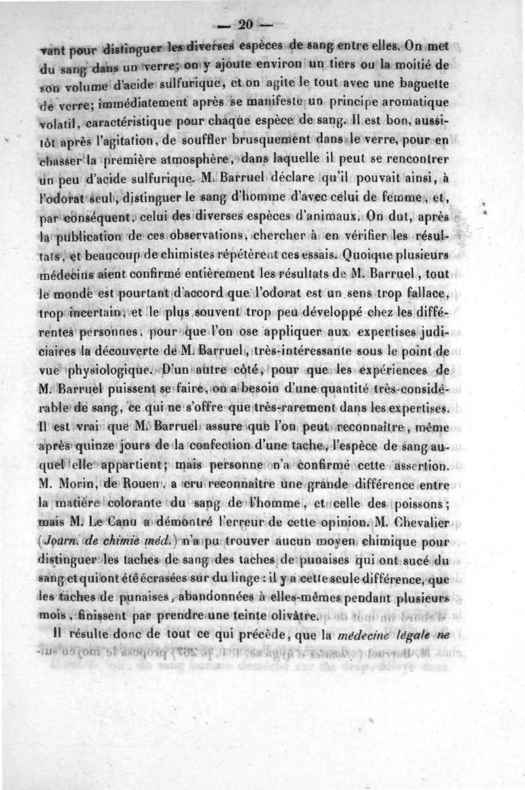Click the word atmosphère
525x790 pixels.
198,158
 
